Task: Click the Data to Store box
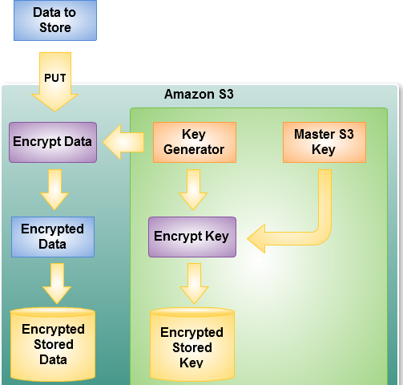point(55,20)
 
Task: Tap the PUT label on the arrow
point(55,78)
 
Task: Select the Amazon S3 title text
point(199,94)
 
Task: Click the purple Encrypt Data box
point(53,142)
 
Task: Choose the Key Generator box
point(195,142)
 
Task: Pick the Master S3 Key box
point(324,142)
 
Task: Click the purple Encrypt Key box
point(192,237)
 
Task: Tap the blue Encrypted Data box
point(53,237)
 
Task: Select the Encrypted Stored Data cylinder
point(53,344)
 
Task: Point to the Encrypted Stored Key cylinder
point(192,344)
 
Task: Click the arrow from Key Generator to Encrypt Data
point(123,142)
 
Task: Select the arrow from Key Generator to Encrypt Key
point(193,189)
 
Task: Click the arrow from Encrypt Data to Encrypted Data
point(54,189)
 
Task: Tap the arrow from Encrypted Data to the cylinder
point(57,284)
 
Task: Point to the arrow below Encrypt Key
point(194,284)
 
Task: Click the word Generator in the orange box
point(194,150)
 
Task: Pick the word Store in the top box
point(55,27)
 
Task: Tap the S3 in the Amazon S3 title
point(226,94)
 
